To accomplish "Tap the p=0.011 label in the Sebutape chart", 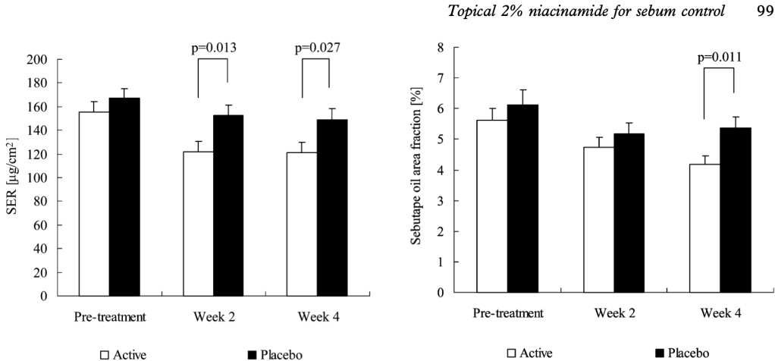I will [720, 56].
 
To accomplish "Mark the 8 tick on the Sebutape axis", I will [436, 47].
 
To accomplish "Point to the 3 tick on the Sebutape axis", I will [436, 201].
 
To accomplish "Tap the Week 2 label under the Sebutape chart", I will [613, 312].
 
